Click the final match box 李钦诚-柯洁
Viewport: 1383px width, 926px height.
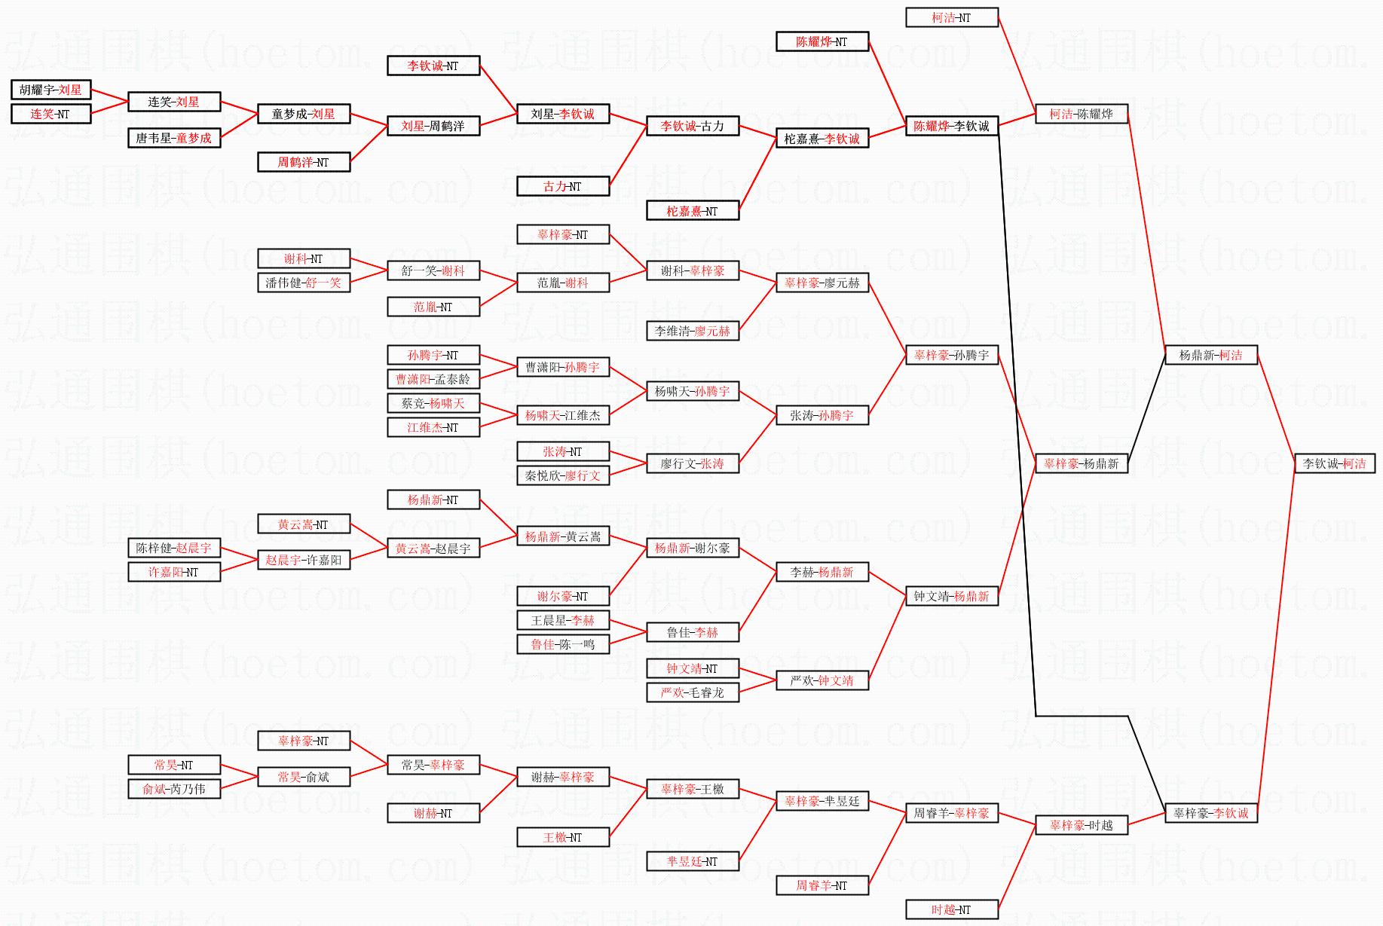pyautogui.click(x=1334, y=463)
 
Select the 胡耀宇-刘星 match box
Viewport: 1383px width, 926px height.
pyautogui.click(x=50, y=90)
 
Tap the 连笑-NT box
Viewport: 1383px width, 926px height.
pyautogui.click(x=50, y=114)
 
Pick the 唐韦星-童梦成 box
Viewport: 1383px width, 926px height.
pyautogui.click(x=174, y=138)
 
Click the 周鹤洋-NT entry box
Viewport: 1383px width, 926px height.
pyautogui.click(x=303, y=162)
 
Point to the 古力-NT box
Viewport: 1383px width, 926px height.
pyautogui.click(x=562, y=186)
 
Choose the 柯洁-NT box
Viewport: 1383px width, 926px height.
pyautogui.click(x=951, y=17)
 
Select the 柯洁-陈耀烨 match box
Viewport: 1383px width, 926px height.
pyautogui.click(x=1081, y=114)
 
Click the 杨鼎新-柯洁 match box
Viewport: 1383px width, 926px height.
pyautogui.click(x=1210, y=355)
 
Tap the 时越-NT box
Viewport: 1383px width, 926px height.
pyautogui.click(x=951, y=909)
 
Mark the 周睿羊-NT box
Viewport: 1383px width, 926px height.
pyautogui.click(x=822, y=885)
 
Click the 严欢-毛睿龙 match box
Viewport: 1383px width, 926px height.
pyautogui.click(x=692, y=692)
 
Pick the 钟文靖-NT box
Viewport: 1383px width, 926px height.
pyautogui.click(x=692, y=668)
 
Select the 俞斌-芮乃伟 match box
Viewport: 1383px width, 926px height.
pyautogui.click(x=174, y=789)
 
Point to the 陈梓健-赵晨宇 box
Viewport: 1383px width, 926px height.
pyautogui.click(x=174, y=548)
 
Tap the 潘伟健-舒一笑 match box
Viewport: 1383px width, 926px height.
pyautogui.click(x=303, y=283)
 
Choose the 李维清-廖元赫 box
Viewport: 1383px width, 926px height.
pyautogui.click(x=692, y=331)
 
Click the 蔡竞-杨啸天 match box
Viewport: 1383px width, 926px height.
pyautogui.click(x=433, y=403)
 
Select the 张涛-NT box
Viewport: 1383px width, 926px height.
pyautogui.click(x=562, y=451)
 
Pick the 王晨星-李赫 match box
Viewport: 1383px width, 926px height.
pyautogui.click(x=562, y=620)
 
